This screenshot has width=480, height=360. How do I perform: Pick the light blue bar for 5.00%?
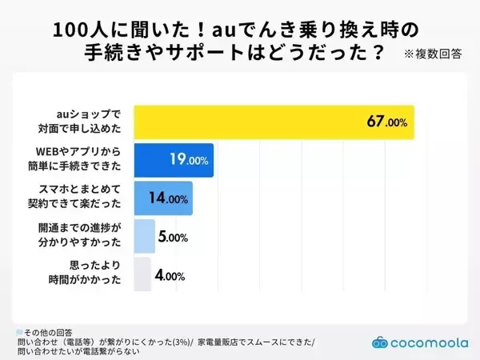pyautogui.click(x=143, y=237)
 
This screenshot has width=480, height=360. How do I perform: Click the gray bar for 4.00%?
pyautogui.click(x=142, y=275)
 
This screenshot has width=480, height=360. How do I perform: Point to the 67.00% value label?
pyautogui.click(x=387, y=122)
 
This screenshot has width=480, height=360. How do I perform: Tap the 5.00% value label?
pyautogui.click(x=172, y=238)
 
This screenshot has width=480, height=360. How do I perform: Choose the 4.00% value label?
pyautogui.click(x=170, y=276)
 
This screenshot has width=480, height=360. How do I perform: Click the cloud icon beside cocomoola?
pyautogui.click(x=380, y=341)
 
